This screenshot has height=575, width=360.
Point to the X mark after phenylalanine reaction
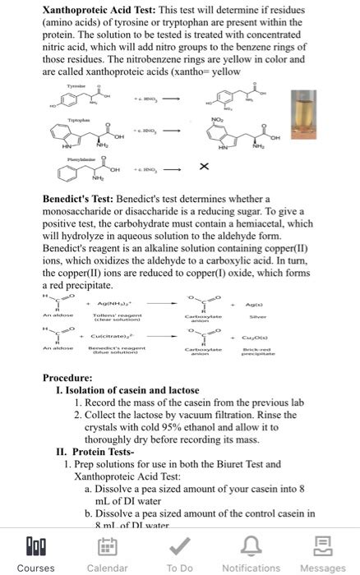(x=202, y=168)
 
